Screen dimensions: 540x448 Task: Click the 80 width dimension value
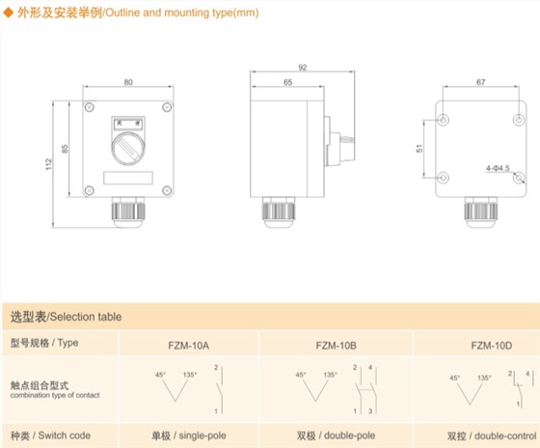tap(128, 82)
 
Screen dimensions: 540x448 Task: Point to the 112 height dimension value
tap(48, 164)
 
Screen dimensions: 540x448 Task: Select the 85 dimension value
tap(65, 149)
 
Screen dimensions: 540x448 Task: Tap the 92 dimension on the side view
tap(303, 68)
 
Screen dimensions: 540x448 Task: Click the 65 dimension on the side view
tap(288, 82)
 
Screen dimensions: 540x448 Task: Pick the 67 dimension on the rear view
tap(481, 82)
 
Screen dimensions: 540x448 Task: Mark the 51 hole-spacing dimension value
tap(419, 149)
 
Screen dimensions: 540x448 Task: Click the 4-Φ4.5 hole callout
tap(498, 168)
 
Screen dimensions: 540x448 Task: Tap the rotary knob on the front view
tap(128, 149)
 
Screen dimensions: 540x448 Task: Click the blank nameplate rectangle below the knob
tap(128, 178)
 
